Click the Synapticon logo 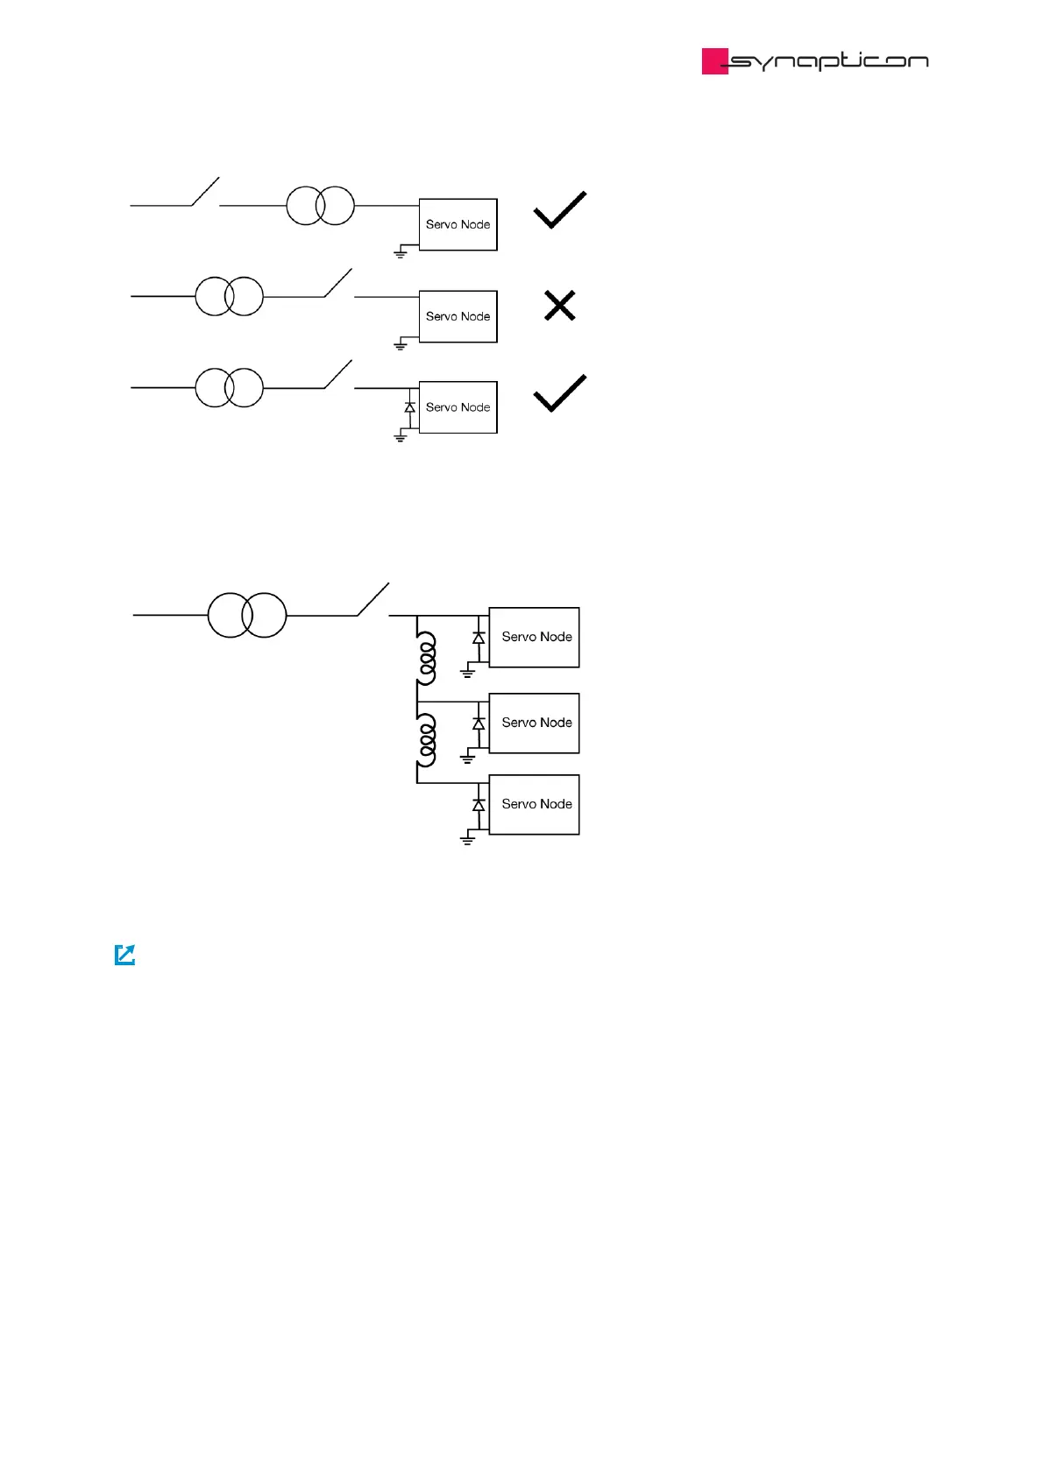click(814, 60)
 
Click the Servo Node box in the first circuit click(458, 224)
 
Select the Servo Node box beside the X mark click(458, 316)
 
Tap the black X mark click(559, 306)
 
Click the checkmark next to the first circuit click(559, 210)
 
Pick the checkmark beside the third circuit click(559, 393)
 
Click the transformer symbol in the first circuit click(320, 206)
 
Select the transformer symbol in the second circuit click(229, 296)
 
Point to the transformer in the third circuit click(229, 387)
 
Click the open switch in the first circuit click(205, 192)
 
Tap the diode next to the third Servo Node click(409, 407)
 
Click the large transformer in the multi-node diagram click(246, 615)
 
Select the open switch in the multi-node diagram click(372, 600)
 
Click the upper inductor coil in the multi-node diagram click(427, 658)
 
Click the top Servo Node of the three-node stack click(534, 637)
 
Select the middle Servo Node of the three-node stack click(534, 723)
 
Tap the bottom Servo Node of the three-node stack click(534, 804)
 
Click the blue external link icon click(125, 955)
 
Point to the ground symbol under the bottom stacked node click(467, 840)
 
